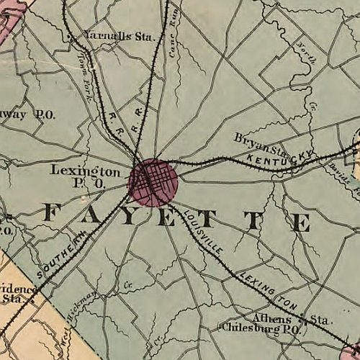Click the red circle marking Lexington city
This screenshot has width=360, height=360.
click(153, 182)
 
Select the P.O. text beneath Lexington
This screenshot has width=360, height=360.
click(94, 185)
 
